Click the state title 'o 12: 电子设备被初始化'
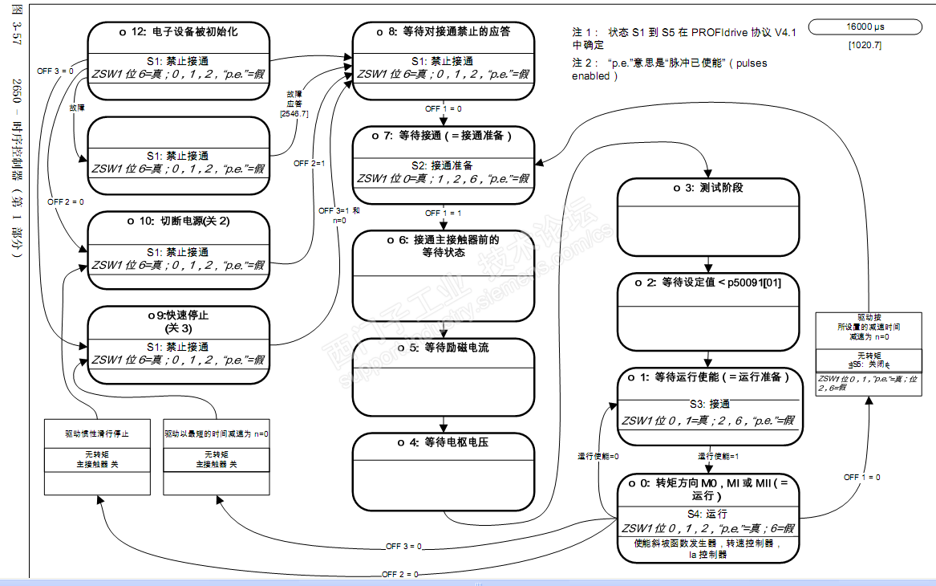[x=178, y=33]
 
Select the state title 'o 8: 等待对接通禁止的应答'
[x=444, y=33]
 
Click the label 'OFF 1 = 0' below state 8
[x=443, y=108]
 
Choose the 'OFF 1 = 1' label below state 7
[x=443, y=214]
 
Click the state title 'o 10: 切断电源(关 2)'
[x=178, y=221]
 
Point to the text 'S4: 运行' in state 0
[x=707, y=514]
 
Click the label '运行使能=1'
[x=718, y=456]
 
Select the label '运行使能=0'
[x=598, y=456]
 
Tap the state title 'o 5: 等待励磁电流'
[x=444, y=348]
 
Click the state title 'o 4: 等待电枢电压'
[x=444, y=442]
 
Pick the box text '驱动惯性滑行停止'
[x=97, y=433]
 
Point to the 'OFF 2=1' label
[x=309, y=163]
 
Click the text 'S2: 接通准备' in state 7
[x=444, y=166]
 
